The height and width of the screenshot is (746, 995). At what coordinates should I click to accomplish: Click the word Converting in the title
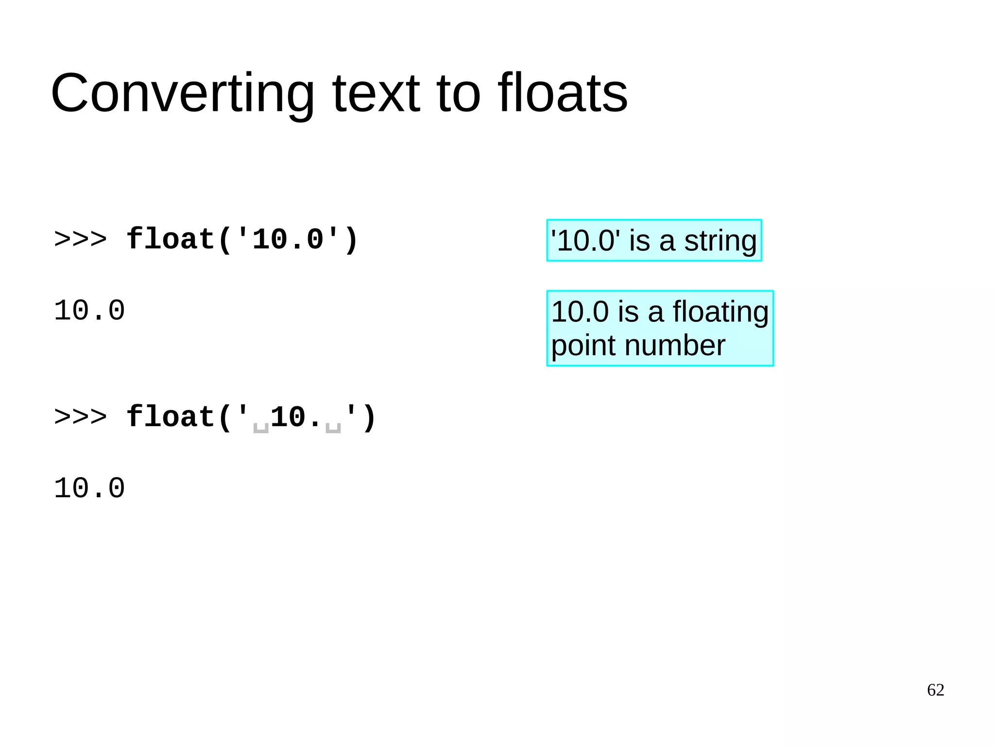[x=183, y=93]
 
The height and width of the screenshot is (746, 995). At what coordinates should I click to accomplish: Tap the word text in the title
[x=376, y=93]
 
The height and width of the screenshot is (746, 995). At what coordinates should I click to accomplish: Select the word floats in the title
[x=562, y=93]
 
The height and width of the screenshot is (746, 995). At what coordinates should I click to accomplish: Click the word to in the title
[x=459, y=93]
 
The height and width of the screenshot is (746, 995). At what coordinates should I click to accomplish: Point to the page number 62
[x=935, y=690]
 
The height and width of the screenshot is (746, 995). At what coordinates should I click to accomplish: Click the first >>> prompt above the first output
[x=80, y=240]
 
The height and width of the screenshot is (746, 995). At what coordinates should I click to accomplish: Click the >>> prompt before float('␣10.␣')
[x=80, y=417]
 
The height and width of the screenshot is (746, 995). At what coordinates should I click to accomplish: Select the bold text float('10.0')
[x=242, y=240]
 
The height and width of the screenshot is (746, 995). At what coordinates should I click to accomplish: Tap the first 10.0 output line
[x=89, y=311]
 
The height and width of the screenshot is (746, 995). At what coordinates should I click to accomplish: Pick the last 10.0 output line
[x=89, y=488]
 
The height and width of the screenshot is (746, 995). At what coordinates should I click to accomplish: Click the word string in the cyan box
[x=720, y=241]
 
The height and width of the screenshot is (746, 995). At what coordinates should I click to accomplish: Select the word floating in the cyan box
[x=720, y=312]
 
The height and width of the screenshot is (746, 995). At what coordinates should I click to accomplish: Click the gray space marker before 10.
[x=261, y=428]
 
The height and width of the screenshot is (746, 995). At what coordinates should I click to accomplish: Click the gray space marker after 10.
[x=333, y=428]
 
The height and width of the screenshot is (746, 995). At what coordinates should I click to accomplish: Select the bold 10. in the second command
[x=297, y=417]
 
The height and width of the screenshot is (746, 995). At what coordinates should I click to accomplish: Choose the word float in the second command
[x=170, y=417]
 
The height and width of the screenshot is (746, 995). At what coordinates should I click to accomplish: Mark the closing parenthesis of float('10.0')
[x=351, y=240]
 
